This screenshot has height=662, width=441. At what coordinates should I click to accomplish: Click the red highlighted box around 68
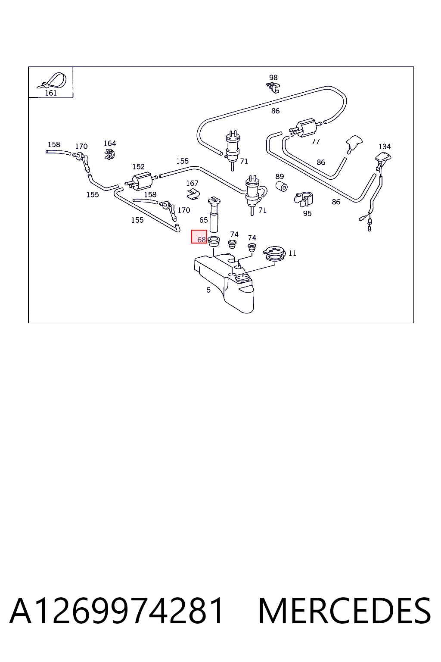[x=199, y=237]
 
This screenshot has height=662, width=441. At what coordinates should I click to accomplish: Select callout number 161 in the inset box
[x=51, y=93]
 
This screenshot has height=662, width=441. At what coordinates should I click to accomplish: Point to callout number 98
[x=273, y=78]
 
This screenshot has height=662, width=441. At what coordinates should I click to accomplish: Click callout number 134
[x=384, y=146]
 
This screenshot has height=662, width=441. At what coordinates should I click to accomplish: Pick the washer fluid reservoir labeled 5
[x=224, y=283]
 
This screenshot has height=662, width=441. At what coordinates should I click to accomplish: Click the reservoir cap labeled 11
[x=274, y=253]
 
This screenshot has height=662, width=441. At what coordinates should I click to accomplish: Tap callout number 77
[x=316, y=141]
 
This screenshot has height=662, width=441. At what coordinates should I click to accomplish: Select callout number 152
[x=138, y=167]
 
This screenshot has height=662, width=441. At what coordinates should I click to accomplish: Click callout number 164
[x=109, y=144]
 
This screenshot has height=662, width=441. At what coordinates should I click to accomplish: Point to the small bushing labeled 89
[x=282, y=187]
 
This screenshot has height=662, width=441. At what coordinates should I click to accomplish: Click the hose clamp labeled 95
[x=304, y=199]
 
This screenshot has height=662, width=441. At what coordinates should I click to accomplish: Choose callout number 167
[x=192, y=183]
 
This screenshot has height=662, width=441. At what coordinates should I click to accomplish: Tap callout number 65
[x=204, y=220]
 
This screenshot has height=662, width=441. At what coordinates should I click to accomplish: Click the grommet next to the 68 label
[x=214, y=241]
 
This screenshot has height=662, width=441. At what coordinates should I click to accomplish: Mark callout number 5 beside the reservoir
[x=208, y=290]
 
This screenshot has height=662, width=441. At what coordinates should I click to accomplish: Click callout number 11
[x=292, y=253]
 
